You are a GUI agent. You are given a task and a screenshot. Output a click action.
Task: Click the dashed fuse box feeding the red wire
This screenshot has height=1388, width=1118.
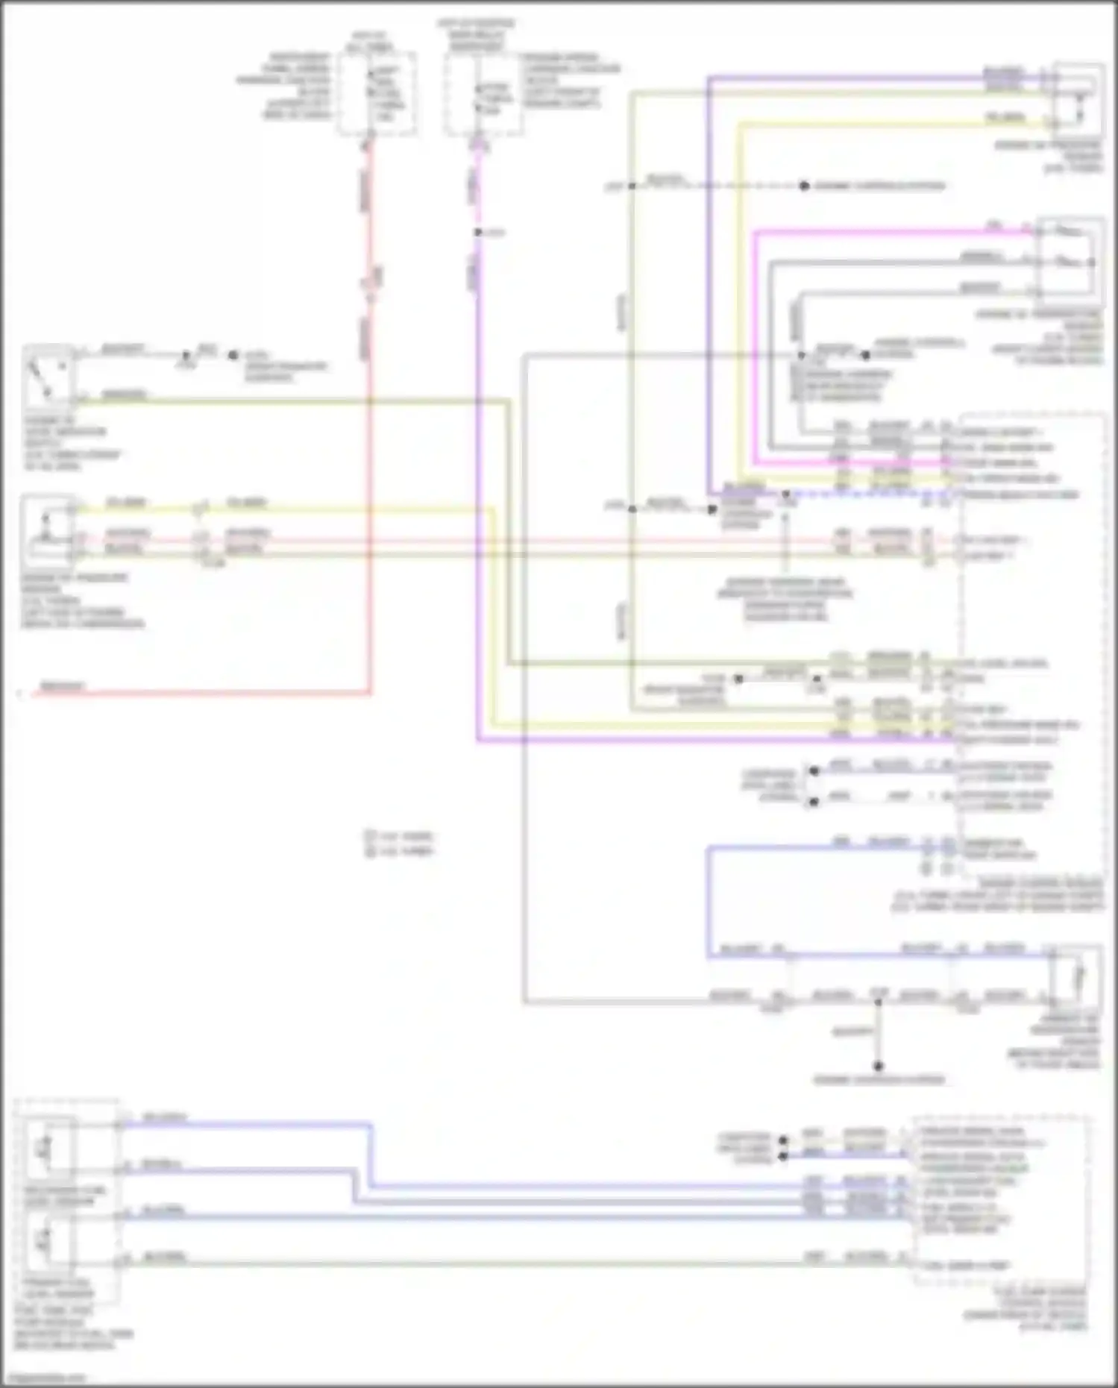[x=377, y=94]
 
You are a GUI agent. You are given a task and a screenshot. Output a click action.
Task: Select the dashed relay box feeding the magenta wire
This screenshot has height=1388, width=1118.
[x=483, y=94]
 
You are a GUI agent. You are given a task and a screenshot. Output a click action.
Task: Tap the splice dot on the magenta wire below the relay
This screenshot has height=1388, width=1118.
[x=478, y=233]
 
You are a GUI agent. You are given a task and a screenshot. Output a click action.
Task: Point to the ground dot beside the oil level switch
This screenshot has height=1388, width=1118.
[x=233, y=356]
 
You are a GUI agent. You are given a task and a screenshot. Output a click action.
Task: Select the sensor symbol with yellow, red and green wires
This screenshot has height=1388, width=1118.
[x=47, y=530]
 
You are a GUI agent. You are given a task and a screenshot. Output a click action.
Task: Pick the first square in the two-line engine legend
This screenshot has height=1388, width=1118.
[x=370, y=836]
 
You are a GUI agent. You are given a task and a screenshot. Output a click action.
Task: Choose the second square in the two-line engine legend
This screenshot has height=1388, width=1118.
[x=370, y=850]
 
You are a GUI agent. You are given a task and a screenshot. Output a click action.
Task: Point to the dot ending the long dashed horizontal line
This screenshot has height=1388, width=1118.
[x=804, y=186]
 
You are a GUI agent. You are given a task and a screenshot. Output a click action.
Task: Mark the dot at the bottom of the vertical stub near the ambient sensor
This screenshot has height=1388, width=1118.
[x=878, y=1067]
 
